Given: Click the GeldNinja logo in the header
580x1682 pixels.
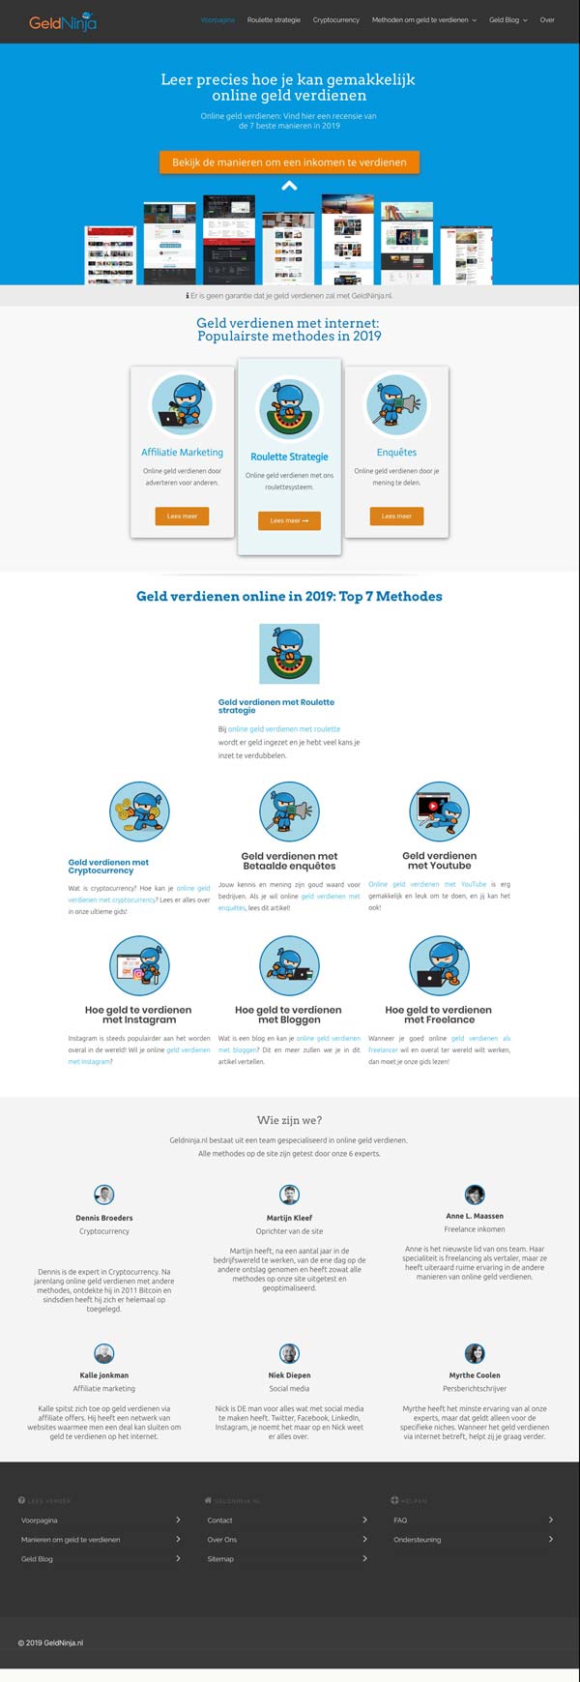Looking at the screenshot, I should (63, 20).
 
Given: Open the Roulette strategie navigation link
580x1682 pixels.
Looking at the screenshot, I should (274, 20).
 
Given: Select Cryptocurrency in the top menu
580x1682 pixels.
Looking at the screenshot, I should (335, 20).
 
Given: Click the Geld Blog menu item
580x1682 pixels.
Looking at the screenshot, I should (505, 20).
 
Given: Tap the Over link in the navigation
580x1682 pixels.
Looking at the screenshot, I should (547, 20).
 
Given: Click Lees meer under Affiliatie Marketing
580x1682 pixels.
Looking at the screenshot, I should (182, 516).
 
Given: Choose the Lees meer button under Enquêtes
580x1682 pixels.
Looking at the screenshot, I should (396, 516).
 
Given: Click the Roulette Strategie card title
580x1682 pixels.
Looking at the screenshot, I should (289, 457).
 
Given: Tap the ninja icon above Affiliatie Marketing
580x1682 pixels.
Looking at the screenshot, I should (182, 403).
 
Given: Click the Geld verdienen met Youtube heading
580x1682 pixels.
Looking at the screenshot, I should (439, 860).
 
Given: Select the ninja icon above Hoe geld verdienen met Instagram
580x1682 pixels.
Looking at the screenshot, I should (139, 965).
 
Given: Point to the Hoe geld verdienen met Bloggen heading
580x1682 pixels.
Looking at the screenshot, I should (288, 1014).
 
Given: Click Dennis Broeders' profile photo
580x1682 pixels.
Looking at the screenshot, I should (103, 1195).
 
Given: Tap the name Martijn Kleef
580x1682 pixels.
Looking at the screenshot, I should (289, 1218).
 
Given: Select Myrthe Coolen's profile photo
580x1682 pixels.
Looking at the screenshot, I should (475, 1353).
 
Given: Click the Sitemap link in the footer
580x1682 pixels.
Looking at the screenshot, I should (220, 1558).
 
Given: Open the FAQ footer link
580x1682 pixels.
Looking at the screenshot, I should (400, 1520).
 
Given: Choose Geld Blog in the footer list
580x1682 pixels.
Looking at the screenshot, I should (38, 1558).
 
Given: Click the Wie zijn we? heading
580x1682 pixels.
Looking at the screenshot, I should (289, 1120).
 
